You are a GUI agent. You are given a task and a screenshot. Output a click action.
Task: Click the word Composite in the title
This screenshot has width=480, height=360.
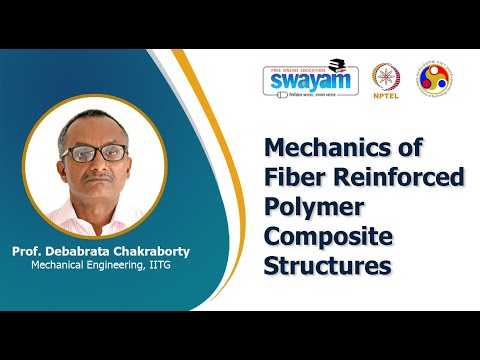328,239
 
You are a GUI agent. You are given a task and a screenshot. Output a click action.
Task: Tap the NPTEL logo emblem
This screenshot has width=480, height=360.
385,77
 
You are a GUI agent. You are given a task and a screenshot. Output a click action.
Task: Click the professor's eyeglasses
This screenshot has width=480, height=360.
98,154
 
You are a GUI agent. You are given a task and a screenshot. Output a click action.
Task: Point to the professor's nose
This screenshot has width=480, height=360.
97,169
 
